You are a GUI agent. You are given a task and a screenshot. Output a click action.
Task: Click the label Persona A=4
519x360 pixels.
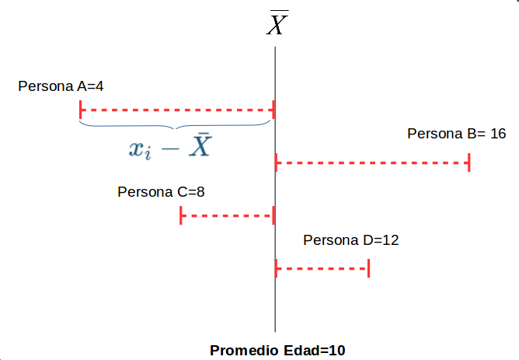coord(61,86)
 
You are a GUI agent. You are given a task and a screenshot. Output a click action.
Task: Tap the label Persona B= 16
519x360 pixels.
coord(457,134)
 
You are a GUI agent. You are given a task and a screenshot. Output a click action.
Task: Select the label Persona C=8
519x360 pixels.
coord(161,191)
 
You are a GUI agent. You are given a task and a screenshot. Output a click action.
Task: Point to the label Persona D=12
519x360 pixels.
coord(351,240)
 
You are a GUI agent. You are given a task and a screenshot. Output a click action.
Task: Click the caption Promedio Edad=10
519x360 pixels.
coord(277,350)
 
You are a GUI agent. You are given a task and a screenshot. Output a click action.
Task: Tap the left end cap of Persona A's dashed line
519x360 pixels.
coord(81,111)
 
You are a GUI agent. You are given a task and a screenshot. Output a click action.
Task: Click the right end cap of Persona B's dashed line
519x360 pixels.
coord(469,163)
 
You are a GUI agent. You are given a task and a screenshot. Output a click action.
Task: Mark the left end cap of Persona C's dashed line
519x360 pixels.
coord(181,215)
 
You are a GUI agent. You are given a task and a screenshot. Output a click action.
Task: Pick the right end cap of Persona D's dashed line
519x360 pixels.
coord(368,269)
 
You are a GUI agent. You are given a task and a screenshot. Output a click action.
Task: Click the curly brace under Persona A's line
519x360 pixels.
coord(176,127)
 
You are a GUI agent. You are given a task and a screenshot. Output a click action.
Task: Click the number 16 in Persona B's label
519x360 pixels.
coord(498,134)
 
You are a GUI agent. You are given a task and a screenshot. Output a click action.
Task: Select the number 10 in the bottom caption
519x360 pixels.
coord(336,350)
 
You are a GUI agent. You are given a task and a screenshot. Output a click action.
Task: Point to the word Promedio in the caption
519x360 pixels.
coord(239,350)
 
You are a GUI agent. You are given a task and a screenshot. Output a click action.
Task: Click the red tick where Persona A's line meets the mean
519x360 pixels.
coord(273,111)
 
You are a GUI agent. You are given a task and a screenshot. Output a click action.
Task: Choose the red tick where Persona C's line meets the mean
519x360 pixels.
coord(273,215)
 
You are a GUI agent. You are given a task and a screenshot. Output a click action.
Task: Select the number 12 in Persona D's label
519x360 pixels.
coord(391,240)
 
